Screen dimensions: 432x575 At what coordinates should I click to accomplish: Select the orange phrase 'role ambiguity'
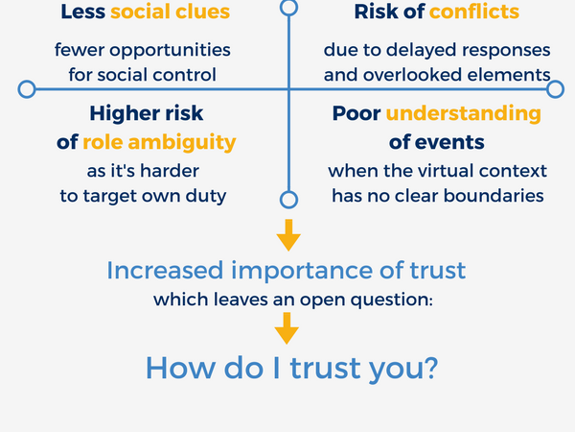coord(158,142)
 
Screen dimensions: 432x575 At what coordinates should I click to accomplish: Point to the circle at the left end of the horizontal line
coord(27,89)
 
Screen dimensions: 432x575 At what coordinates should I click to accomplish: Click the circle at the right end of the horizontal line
coord(555,89)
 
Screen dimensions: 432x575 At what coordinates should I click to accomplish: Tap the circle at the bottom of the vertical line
coord(288,200)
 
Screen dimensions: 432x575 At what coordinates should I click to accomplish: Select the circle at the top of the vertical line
coord(288,6)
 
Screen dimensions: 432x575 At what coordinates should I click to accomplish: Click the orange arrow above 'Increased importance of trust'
coord(287,235)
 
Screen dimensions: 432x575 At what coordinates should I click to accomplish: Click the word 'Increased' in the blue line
coord(156,270)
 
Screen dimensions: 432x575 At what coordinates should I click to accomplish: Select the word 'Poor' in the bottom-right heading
coord(356,113)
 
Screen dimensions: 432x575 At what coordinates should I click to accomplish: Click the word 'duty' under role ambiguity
coord(208,195)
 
